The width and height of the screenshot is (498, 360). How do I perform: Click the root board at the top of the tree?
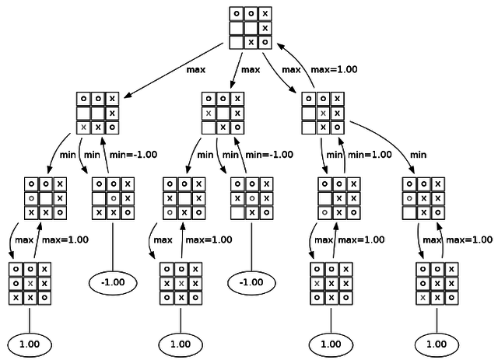click(251, 27)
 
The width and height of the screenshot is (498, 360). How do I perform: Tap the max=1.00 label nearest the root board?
click(334, 69)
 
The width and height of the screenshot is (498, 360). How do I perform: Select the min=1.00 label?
click(370, 155)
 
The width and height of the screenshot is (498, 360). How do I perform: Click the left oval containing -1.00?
click(113, 280)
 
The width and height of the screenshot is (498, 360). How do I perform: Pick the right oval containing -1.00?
click(251, 280)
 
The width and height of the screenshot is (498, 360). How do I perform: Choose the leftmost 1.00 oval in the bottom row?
click(30, 343)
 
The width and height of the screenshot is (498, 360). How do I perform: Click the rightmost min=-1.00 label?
click(272, 155)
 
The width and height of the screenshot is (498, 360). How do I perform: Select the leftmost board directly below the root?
click(98, 112)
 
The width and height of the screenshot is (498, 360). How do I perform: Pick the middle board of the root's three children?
click(223, 112)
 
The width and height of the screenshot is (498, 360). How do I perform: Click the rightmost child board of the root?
click(322, 112)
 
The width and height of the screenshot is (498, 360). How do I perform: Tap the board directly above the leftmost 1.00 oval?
click(30, 283)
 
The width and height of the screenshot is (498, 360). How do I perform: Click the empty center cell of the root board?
click(251, 27)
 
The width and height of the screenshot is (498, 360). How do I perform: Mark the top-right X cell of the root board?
click(265, 13)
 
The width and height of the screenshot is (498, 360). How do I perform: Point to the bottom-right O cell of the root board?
click(265, 41)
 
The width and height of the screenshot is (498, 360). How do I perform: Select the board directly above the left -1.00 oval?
click(113, 197)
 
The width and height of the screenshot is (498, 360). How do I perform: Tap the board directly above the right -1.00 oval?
click(251, 197)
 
